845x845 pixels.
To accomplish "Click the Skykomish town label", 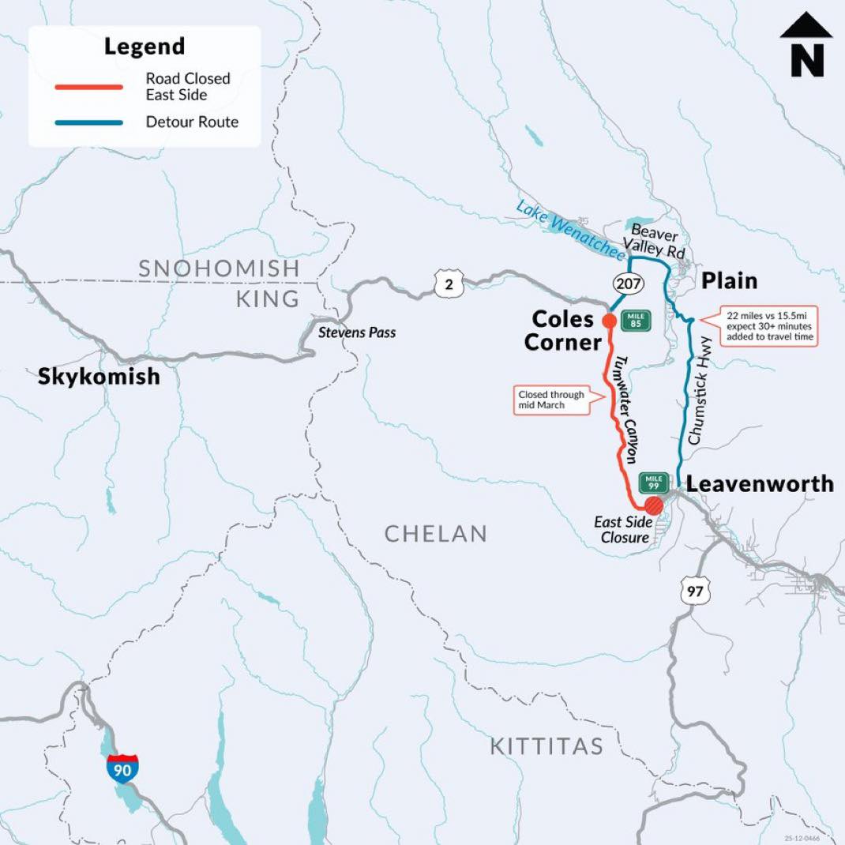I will pos(99,376).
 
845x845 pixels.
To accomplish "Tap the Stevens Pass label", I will pos(356,332).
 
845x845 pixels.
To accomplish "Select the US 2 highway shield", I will pos(449,284).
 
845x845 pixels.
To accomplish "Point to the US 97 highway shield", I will pos(697,590).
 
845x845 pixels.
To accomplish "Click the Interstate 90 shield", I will pos(122,768).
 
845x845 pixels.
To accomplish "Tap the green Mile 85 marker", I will pos(633,320).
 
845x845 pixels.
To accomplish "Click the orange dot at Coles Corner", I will pos(609,321).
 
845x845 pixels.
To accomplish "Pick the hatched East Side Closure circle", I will pos(653,505).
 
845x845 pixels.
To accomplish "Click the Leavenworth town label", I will pos(759,483).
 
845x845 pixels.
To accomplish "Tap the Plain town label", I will pos(729,280).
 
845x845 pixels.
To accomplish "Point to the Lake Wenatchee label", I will pos(568,229).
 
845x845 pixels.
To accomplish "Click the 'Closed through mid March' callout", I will pos(551,400).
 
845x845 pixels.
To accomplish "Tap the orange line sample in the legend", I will pos(88,87).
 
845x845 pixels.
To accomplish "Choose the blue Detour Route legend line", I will pos(88,122).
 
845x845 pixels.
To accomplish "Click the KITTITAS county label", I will pos(546,745).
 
